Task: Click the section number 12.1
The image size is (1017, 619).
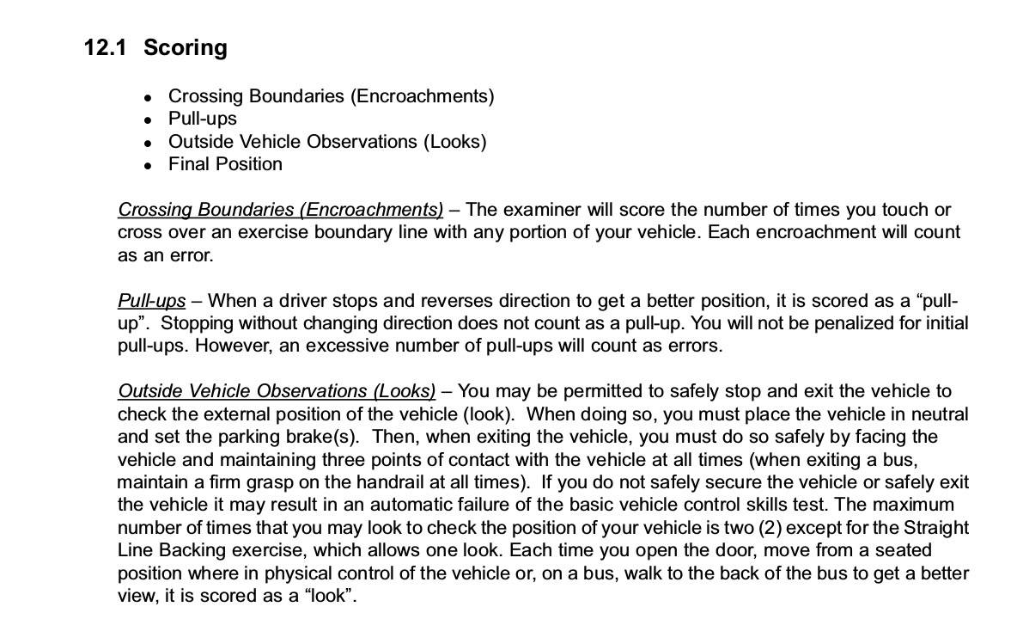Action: (105, 47)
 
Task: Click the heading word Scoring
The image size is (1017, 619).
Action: (186, 48)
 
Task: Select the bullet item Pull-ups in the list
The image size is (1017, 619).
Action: (202, 119)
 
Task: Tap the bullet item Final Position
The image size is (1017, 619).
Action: (225, 164)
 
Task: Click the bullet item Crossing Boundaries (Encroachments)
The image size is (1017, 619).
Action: (331, 96)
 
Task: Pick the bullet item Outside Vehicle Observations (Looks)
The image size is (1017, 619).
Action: (327, 142)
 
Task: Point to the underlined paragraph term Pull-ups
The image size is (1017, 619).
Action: (151, 301)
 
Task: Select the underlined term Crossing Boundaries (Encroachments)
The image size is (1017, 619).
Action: (281, 210)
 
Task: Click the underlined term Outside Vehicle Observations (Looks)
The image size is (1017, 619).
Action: (277, 391)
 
